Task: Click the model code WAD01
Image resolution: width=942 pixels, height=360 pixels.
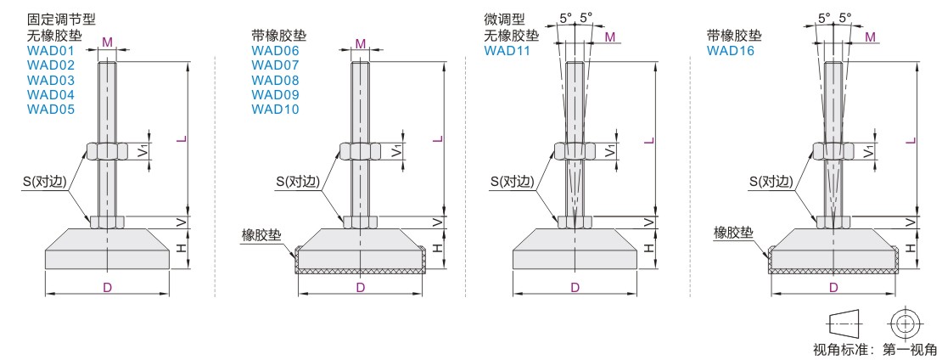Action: (50, 51)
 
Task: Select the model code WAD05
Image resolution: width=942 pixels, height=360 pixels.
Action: (50, 110)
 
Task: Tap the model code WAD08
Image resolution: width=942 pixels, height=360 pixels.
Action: (275, 80)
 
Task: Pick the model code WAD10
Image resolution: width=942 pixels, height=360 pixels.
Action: (275, 110)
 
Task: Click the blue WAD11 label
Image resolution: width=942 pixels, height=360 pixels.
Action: (507, 51)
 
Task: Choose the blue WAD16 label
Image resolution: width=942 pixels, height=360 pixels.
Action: (731, 51)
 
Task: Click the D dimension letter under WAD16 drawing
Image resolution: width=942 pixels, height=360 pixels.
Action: (834, 287)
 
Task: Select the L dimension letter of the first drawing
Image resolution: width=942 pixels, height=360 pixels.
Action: (180, 139)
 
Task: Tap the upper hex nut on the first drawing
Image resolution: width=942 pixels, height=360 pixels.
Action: (107, 151)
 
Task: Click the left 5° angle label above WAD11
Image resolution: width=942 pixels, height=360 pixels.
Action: (565, 18)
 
